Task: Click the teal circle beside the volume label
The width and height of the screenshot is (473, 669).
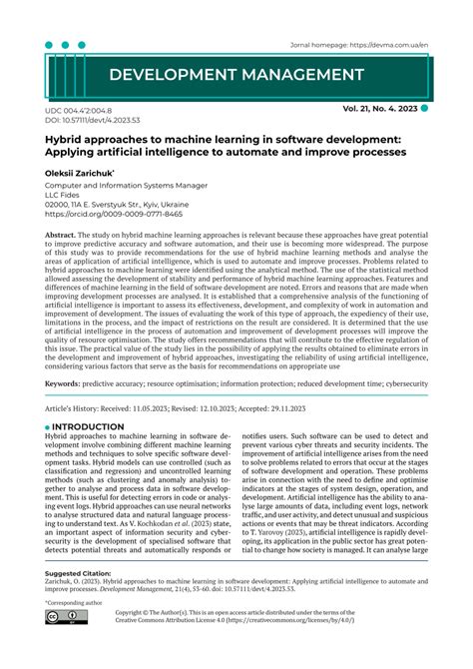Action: tap(425, 107)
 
